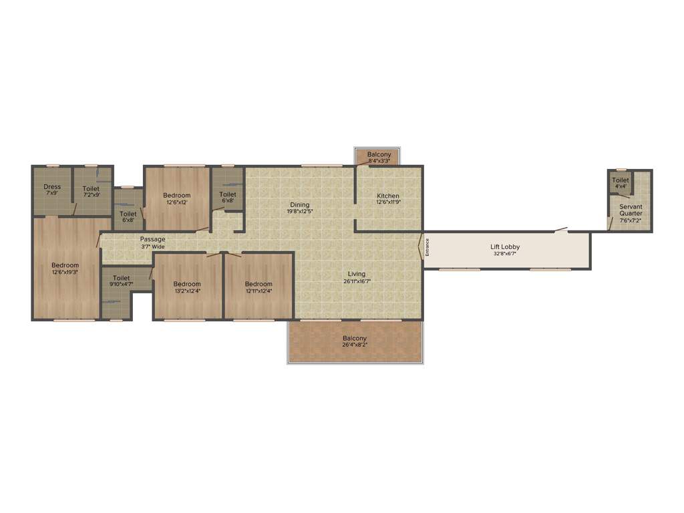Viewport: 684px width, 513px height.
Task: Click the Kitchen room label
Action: pos(388,196)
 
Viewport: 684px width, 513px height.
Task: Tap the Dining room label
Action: pos(299,204)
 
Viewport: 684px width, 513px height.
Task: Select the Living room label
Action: pos(357,274)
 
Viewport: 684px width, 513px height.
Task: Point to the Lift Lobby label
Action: pos(505,247)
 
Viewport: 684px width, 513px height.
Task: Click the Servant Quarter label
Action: pos(631,210)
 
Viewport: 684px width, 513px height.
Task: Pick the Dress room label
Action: pos(52,187)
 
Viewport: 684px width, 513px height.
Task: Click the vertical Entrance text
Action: pos(427,247)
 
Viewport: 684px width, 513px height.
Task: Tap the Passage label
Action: pos(153,239)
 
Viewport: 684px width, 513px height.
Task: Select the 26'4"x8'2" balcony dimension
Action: pos(355,345)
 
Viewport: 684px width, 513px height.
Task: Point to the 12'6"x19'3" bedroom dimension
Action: pos(65,273)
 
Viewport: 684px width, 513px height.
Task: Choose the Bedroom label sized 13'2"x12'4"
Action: pos(187,284)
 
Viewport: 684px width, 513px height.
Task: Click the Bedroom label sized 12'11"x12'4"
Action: pos(258,284)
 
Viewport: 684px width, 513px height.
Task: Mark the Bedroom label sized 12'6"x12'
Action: pos(177,196)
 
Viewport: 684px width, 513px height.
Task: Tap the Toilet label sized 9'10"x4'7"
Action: pos(122,278)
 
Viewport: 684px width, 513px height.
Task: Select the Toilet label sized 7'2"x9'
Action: pos(91,188)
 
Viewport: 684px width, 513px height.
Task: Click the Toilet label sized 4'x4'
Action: pos(621,180)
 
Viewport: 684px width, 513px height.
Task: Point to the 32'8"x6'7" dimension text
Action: pos(505,254)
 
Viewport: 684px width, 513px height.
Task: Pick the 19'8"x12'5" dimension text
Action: pos(299,211)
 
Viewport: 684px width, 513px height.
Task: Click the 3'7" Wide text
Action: pos(153,246)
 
